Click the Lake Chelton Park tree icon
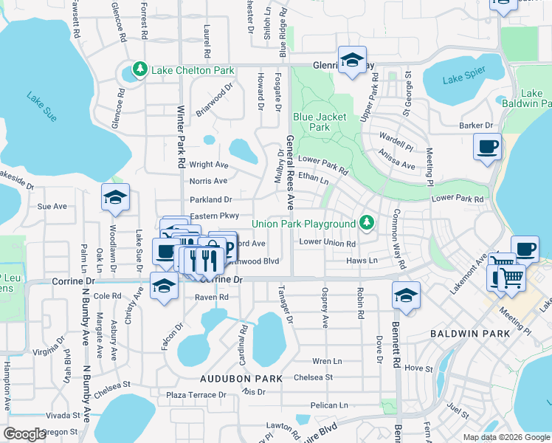point(139,70)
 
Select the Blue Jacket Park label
point(321,122)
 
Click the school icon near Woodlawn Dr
point(115,197)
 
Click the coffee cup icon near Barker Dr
point(487,148)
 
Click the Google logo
point(25,434)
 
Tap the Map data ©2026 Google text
point(507,436)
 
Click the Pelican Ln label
point(328,405)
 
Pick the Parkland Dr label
point(210,199)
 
